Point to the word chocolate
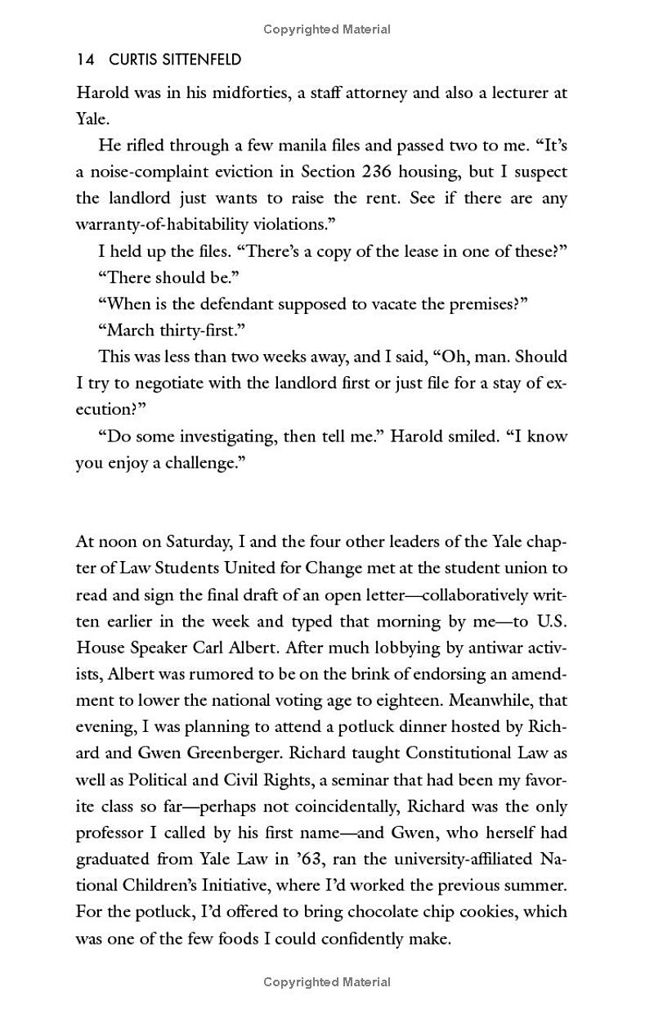[x=386, y=912]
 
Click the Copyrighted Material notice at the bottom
[x=327, y=982]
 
